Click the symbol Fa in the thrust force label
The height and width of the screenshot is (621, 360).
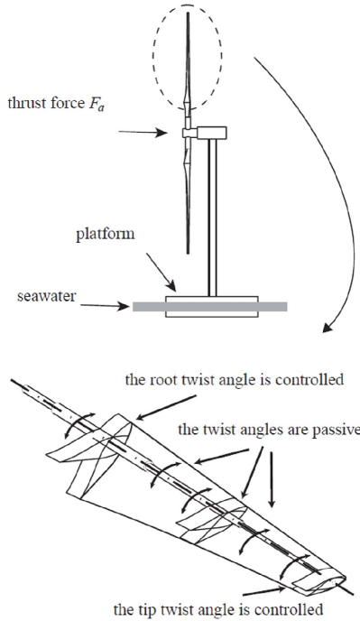click(97, 105)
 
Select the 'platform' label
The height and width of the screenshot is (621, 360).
click(106, 235)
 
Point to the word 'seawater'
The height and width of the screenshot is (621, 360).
click(46, 296)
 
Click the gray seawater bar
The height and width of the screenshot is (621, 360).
click(210, 307)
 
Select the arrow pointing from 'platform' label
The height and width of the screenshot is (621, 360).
click(161, 272)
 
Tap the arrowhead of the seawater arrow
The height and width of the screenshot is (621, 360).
click(125, 306)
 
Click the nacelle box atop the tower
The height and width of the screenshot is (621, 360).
click(211, 133)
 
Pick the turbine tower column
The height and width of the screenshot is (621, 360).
click(213, 218)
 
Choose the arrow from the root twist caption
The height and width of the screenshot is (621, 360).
click(165, 407)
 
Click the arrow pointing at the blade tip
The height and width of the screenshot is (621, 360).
click(263, 592)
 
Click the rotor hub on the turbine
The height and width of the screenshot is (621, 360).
click(188, 133)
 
